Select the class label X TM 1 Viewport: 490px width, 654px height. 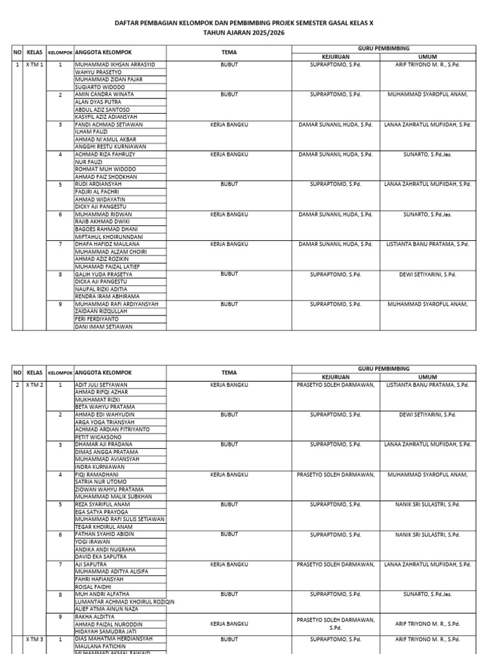[x=34, y=65]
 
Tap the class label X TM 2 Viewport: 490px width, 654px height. [x=34, y=385]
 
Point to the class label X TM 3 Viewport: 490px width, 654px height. [x=34, y=639]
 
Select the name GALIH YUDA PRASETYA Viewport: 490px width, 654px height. [x=103, y=274]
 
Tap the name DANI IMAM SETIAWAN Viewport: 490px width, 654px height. [x=103, y=326]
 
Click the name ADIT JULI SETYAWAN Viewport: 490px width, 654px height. [x=101, y=385]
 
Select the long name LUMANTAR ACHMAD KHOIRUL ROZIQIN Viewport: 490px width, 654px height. [x=124, y=602]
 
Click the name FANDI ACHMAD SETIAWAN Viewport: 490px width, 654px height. [x=108, y=125]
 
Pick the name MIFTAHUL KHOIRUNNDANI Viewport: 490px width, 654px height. [x=108, y=236]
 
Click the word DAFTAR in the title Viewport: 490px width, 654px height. [x=126, y=22]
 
